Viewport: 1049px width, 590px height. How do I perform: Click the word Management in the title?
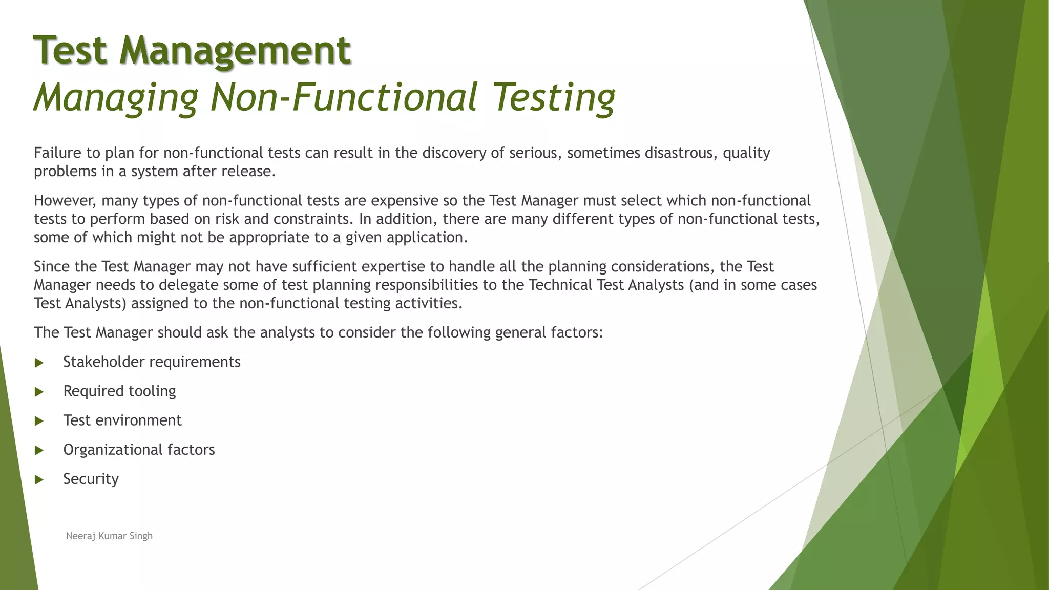tap(235, 50)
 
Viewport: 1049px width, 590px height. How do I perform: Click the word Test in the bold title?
tap(71, 50)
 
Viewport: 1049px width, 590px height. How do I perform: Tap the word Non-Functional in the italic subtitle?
tap(344, 97)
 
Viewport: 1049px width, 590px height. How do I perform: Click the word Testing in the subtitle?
tap(554, 98)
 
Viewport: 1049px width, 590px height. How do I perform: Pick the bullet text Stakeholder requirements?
tap(152, 362)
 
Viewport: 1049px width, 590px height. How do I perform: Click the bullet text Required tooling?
tap(119, 391)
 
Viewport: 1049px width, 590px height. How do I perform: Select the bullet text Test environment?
tap(122, 420)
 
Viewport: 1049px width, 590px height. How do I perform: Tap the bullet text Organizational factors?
tap(139, 450)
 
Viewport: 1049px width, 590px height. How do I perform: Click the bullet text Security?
tap(91, 479)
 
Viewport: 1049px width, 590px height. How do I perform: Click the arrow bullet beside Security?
tap(39, 480)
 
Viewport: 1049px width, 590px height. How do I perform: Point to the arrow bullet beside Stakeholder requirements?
tap(39, 363)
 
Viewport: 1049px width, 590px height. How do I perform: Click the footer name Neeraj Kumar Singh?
tap(109, 536)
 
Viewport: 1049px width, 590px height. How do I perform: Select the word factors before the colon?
tap(576, 333)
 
